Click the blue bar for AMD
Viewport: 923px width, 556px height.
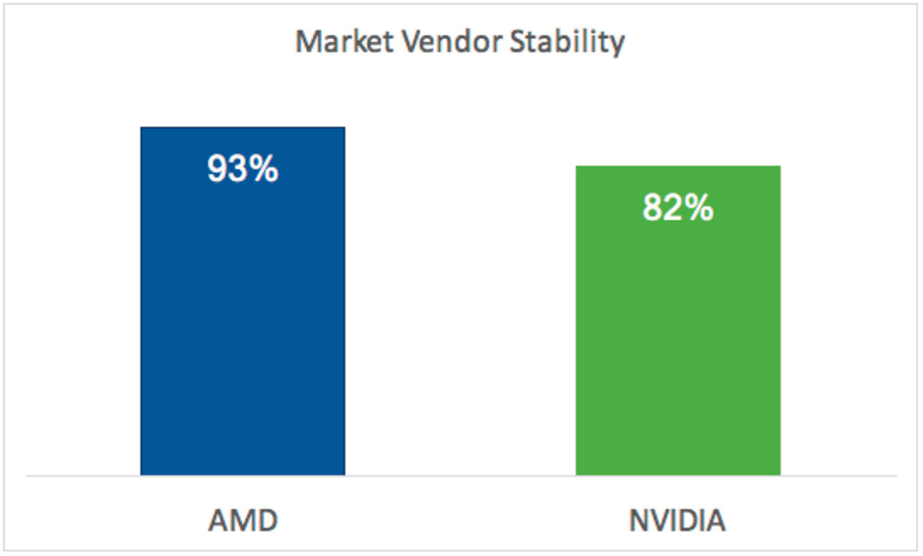click(243, 301)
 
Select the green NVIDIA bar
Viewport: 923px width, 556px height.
click(678, 320)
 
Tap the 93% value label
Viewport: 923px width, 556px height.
click(243, 168)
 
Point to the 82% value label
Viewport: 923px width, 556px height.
click(678, 207)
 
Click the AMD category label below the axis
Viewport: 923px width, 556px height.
click(243, 521)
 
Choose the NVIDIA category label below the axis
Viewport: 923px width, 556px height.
click(677, 521)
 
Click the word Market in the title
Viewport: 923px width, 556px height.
click(344, 42)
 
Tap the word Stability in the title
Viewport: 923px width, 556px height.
click(567, 43)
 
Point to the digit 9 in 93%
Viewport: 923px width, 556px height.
click(217, 169)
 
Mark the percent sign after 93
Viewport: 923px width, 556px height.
click(264, 169)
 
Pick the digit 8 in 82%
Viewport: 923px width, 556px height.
click(653, 208)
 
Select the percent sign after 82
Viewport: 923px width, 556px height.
click(700, 208)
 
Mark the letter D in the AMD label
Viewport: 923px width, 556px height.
click(267, 521)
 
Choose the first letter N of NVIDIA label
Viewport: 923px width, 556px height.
click(639, 521)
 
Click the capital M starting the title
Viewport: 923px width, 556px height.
click(309, 42)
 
